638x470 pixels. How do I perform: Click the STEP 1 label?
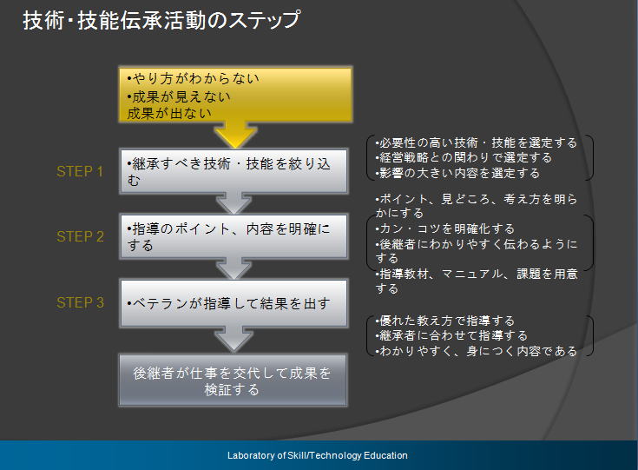pyautogui.click(x=80, y=171)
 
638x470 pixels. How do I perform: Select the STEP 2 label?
pyautogui.click(x=80, y=236)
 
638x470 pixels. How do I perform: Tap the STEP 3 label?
pyautogui.click(x=80, y=302)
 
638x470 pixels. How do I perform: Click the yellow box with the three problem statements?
pyautogui.click(x=235, y=95)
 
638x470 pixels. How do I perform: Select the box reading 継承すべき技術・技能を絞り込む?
pyautogui.click(x=234, y=171)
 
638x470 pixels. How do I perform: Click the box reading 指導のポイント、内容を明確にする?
pyautogui.click(x=234, y=236)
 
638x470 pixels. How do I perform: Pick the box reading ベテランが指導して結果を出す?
pyautogui.click(x=234, y=303)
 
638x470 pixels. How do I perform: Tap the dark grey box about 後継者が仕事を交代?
pyautogui.click(x=233, y=380)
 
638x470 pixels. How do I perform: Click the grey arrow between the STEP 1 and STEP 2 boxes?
pyautogui.click(x=234, y=203)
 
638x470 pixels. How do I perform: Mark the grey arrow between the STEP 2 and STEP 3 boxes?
pyautogui.click(x=234, y=268)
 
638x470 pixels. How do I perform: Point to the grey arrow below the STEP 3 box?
pyautogui.click(x=234, y=339)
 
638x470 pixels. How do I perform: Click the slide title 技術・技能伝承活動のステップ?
pyautogui.click(x=161, y=20)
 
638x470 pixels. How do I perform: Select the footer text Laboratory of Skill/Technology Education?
pyautogui.click(x=318, y=455)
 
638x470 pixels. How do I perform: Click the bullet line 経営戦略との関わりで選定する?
pyautogui.click(x=464, y=157)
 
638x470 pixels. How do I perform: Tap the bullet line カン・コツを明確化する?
pyautogui.click(x=444, y=228)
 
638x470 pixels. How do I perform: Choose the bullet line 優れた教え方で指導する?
pyautogui.click(x=444, y=321)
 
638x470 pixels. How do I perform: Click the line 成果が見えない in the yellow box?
pyautogui.click(x=179, y=96)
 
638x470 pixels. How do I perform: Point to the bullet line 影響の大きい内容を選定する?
pyautogui.click(x=457, y=173)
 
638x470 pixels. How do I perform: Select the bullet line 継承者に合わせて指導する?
pyautogui.click(x=451, y=335)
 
